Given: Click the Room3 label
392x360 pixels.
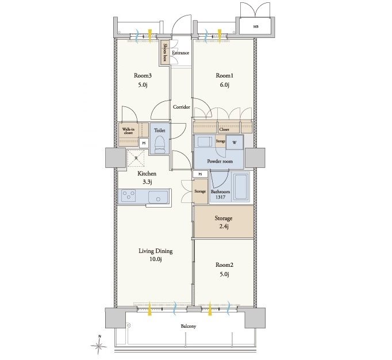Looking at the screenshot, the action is click(x=143, y=75).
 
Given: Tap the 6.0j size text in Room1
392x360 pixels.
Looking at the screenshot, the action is click(x=225, y=85).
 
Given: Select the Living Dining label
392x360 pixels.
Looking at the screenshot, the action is click(x=156, y=251).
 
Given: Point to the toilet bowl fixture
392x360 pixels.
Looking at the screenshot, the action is click(x=160, y=144).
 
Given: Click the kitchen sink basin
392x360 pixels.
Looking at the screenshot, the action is click(x=158, y=197).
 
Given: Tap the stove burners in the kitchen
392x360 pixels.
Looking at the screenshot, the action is click(x=129, y=196).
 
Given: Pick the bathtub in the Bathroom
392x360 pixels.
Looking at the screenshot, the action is click(x=241, y=186).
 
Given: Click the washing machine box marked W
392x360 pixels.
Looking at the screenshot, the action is click(x=235, y=143).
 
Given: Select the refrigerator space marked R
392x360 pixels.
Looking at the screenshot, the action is click(x=136, y=158).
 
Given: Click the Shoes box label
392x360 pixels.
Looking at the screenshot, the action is click(x=165, y=52).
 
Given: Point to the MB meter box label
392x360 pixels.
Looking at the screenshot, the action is click(x=256, y=26).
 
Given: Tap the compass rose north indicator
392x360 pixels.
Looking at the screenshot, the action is click(x=99, y=345).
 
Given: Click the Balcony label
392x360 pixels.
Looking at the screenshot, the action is click(x=189, y=326).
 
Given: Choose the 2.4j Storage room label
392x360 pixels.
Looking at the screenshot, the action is click(x=224, y=222).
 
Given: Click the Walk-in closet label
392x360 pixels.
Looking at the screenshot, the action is click(x=128, y=131).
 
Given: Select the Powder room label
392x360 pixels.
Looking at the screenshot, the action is click(x=220, y=162).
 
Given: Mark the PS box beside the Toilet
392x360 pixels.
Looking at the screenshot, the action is click(x=144, y=143).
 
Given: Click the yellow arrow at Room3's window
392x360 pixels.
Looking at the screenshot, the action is click(x=150, y=35).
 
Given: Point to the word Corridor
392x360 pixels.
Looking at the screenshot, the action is click(x=182, y=107).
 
